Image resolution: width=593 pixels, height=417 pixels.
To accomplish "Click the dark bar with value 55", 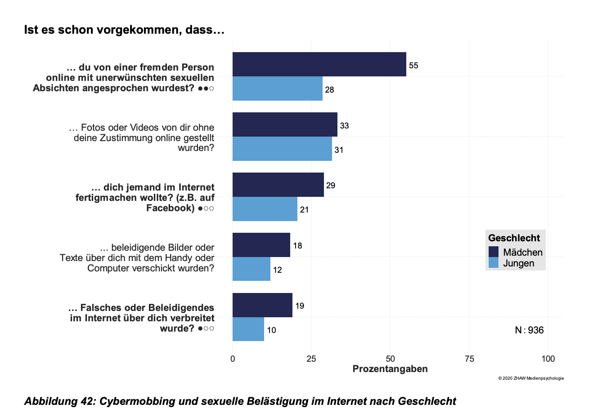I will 319,64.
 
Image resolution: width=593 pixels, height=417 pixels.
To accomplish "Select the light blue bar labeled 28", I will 277,89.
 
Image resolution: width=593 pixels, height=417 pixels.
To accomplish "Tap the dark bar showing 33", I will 285,124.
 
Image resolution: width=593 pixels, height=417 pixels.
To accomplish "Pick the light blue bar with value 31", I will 282,149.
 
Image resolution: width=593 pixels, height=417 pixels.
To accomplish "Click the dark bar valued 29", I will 278,185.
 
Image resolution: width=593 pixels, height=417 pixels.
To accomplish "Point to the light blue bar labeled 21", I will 265,209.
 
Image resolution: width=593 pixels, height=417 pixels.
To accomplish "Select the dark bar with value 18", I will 261,245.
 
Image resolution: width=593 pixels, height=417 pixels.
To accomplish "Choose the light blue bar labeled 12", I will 251,269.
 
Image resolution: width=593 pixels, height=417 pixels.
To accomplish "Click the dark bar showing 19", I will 262,305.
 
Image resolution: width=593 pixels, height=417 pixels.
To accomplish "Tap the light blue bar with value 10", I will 248,329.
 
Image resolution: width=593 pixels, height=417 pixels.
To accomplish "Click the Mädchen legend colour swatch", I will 494,252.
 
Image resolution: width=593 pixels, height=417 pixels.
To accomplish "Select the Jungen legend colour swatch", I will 494,263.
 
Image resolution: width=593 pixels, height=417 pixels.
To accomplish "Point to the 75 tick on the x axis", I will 469,359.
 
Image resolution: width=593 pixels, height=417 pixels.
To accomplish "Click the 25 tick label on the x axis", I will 311,359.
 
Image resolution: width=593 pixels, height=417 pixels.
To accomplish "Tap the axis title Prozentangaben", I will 390,369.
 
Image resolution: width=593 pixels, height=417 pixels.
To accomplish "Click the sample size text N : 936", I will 529,330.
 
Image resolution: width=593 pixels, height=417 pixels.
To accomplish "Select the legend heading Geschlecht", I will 514,238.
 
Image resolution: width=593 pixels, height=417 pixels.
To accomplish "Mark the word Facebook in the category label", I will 170,208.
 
